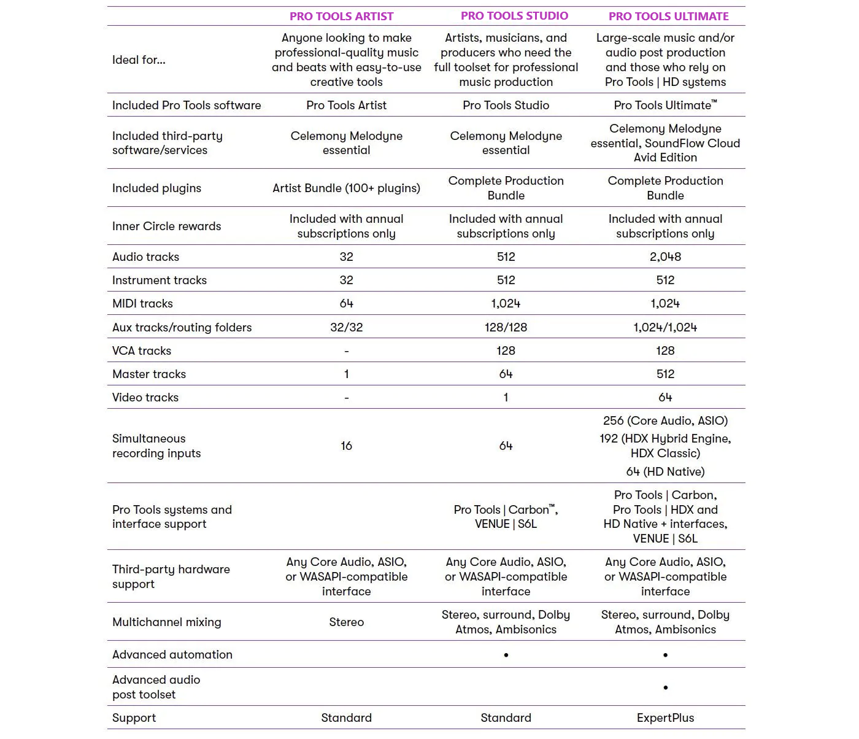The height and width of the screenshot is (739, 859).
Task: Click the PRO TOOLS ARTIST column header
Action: (x=341, y=17)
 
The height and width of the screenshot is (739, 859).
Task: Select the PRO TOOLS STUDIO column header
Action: (x=514, y=16)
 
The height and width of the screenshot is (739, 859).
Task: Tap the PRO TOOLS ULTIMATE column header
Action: (x=668, y=17)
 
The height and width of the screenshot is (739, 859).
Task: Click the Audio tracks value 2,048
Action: (x=665, y=257)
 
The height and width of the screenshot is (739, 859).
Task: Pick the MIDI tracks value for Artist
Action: (x=346, y=303)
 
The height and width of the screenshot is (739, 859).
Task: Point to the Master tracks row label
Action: (x=149, y=374)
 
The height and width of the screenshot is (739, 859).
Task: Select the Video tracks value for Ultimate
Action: (x=665, y=397)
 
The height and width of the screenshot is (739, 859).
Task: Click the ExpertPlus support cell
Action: (x=665, y=718)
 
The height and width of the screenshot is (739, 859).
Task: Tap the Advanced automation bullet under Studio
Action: (x=506, y=655)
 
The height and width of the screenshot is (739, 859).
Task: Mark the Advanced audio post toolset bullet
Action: (x=665, y=687)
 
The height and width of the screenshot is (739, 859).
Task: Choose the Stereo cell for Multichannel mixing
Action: (x=346, y=622)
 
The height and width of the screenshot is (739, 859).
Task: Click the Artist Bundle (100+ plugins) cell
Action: (x=346, y=188)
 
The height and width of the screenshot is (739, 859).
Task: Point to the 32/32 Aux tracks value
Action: (x=346, y=327)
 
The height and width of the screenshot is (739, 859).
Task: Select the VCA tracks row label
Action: (x=142, y=350)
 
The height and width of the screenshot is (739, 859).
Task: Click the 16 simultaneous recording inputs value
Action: (x=346, y=446)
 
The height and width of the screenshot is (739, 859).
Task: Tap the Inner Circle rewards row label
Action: (x=166, y=226)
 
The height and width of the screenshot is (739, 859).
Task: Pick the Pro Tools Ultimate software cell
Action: (x=665, y=105)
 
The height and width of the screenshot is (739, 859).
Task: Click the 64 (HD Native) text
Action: (x=665, y=471)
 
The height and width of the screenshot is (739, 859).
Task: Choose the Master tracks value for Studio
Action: (x=506, y=374)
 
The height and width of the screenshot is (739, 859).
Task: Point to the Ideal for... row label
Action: (x=139, y=60)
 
